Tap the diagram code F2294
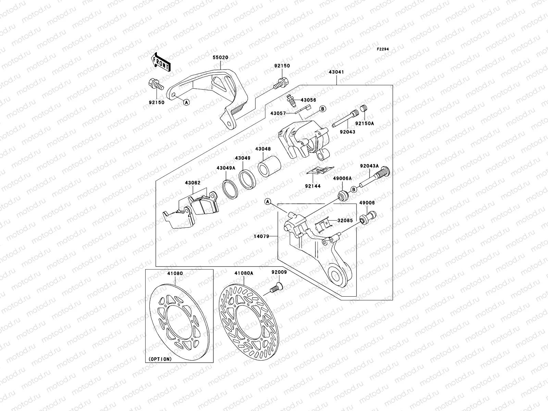coord(383,49)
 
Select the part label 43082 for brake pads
coord(193,183)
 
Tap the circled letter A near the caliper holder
coord(267,202)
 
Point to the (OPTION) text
coord(160,359)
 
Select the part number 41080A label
coord(244,273)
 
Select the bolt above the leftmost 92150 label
coord(156,85)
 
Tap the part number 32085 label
coord(345,221)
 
